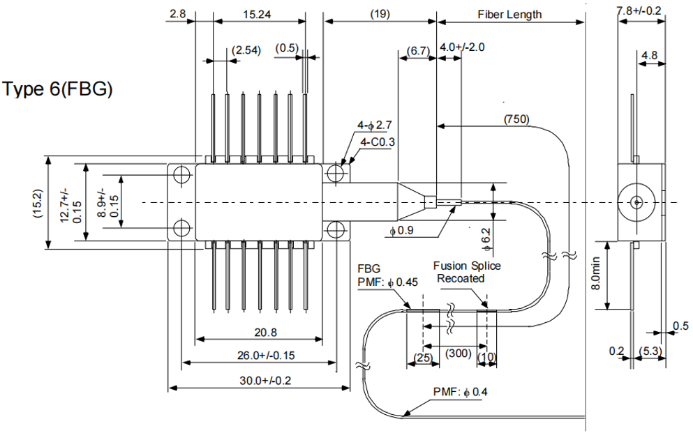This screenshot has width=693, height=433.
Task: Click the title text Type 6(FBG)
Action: point(58,89)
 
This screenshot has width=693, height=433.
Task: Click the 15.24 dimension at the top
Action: point(258,13)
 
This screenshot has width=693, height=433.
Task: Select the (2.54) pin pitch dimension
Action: point(246,50)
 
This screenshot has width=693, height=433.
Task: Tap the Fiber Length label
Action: point(509,14)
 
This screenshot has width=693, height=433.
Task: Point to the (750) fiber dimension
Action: point(516,119)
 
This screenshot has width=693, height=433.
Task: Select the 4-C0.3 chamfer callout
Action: point(377,142)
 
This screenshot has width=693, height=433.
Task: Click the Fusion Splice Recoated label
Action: point(466,272)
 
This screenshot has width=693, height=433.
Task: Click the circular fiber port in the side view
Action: point(636,202)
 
